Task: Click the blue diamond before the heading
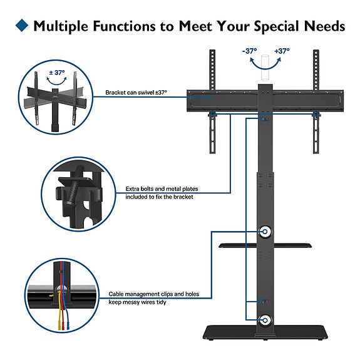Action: coord(21,26)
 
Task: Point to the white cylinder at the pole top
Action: coord(264,70)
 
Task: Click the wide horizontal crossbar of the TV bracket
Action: coord(264,99)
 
